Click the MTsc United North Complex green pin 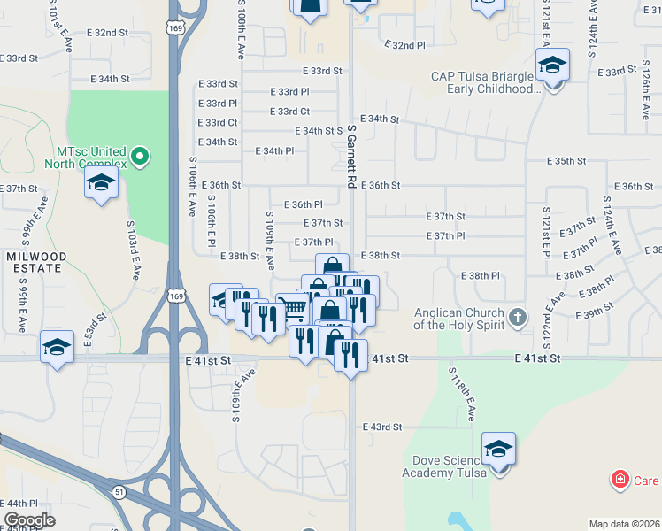tap(139, 158)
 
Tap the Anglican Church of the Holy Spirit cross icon tap(518, 316)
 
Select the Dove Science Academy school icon tap(498, 450)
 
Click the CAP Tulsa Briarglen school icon tap(552, 66)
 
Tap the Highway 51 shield tap(119, 490)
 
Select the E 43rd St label tap(381, 427)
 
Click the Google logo tap(29, 519)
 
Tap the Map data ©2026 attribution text tap(625, 524)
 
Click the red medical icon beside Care tap(620, 481)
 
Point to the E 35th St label tap(567, 161)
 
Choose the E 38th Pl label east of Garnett tap(481, 276)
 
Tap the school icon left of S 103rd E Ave tap(101, 183)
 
